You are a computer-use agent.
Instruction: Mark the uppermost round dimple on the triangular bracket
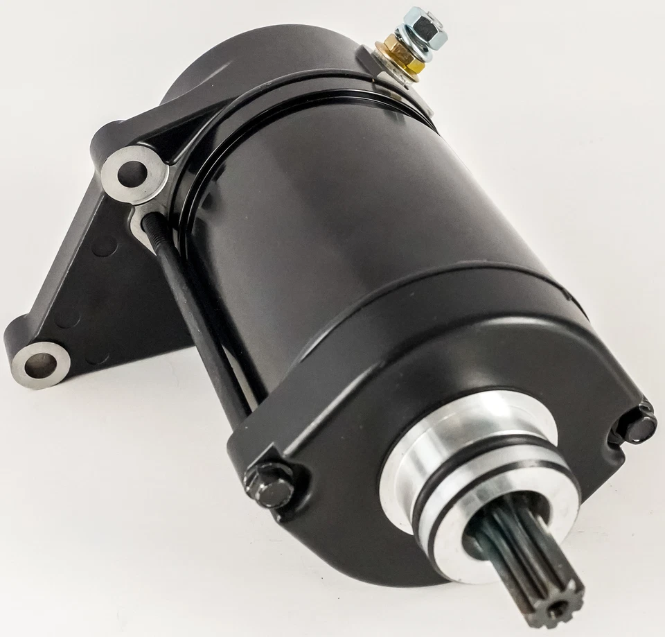pyautogui.click(x=103, y=245)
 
